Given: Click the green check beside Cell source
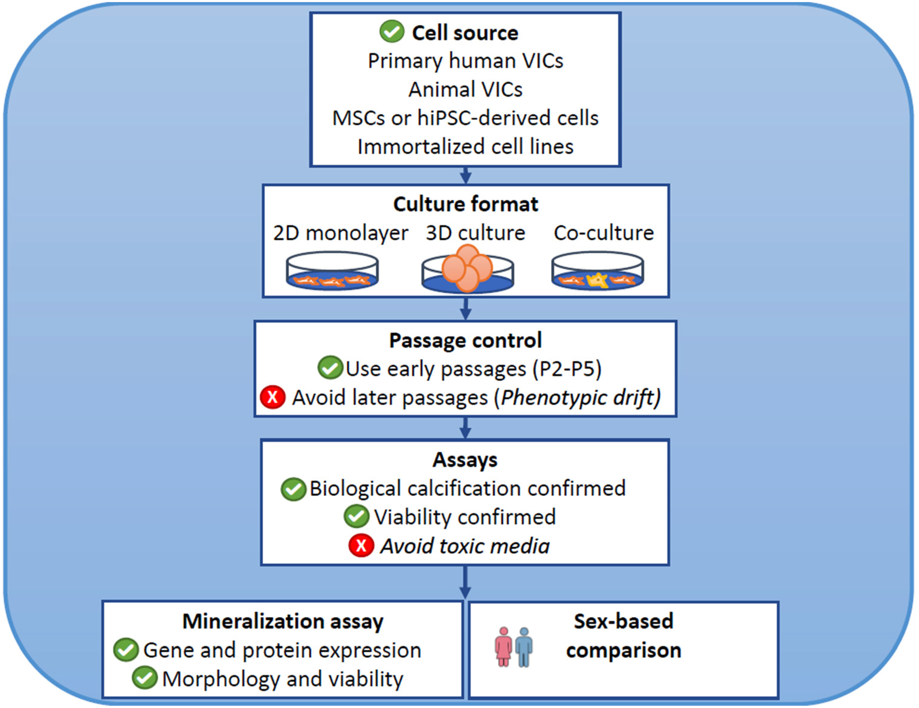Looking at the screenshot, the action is (392, 32).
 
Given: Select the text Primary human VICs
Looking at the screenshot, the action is (465, 61).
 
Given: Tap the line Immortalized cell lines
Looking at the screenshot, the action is (465, 147).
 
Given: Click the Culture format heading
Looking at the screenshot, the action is (465, 204).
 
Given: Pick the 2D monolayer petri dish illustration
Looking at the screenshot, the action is (332, 270).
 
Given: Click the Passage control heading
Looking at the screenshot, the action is (465, 340).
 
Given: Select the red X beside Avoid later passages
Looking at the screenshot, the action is (273, 397).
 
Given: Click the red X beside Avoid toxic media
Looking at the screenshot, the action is (361, 545).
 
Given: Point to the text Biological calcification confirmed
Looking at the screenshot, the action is (467, 488).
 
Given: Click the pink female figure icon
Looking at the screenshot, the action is (503, 647).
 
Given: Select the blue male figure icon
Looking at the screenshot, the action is (524, 647).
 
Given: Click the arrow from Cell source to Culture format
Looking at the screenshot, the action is (465, 175).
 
